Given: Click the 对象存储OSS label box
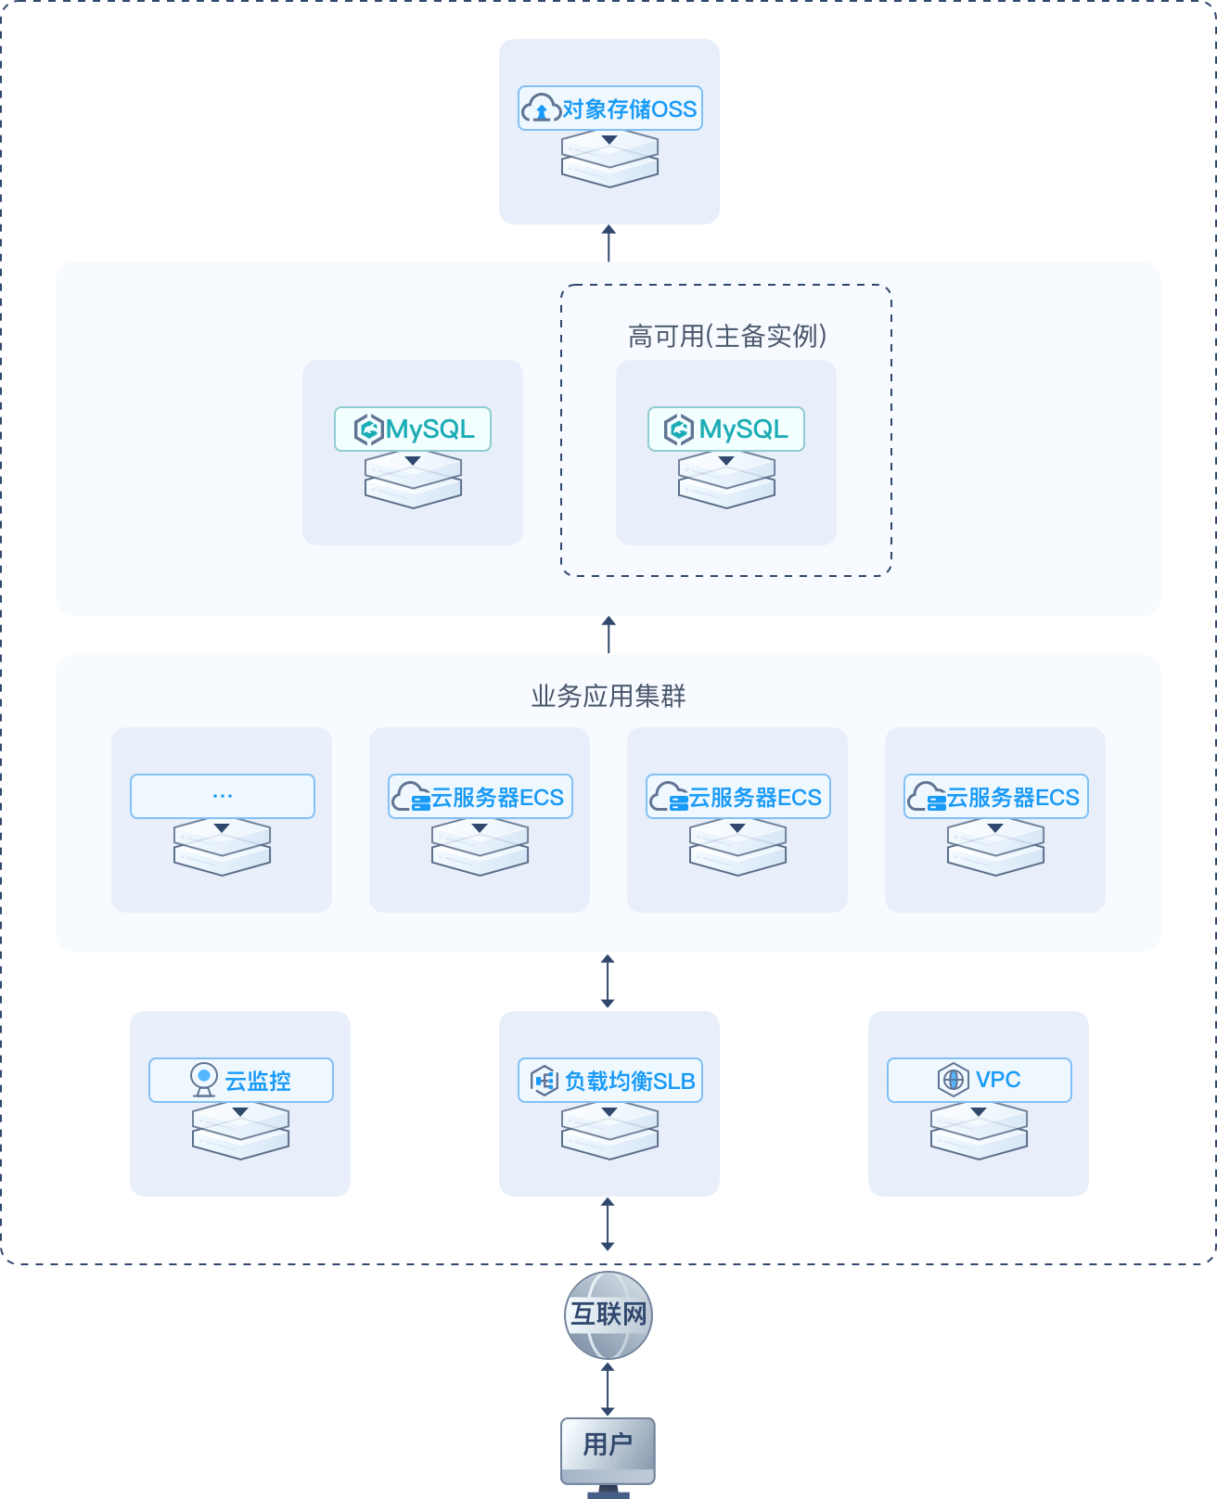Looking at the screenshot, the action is [609, 109].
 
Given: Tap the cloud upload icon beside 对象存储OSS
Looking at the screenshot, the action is [541, 109].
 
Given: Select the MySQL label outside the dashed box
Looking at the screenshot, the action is [413, 429].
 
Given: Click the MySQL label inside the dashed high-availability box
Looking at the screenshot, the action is [725, 429].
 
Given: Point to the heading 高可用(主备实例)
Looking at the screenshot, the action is [726, 337].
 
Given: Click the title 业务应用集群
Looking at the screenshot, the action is [608, 696].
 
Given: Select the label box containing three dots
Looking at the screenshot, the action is [223, 796].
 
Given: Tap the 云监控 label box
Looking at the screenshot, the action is [241, 1080].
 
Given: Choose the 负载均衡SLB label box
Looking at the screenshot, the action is [609, 1080].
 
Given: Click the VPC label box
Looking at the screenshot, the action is [980, 1080].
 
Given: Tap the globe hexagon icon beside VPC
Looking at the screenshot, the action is [953, 1080].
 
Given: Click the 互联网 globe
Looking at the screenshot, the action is [608, 1314].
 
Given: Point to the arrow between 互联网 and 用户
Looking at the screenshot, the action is [608, 1390].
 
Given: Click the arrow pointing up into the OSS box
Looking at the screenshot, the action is [608, 243].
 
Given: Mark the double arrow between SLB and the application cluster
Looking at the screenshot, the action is [608, 981].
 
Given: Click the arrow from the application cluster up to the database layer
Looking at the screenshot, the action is [608, 634].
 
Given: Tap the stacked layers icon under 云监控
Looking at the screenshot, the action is [241, 1131].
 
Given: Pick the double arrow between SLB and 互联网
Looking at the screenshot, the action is [608, 1224].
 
